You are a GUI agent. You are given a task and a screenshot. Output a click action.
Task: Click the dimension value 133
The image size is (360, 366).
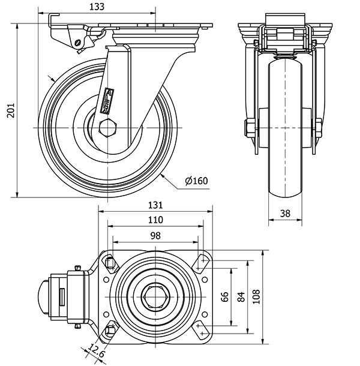pyautogui.click(x=96, y=7)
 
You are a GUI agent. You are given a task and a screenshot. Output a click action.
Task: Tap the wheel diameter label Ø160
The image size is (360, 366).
pyautogui.click(x=197, y=180)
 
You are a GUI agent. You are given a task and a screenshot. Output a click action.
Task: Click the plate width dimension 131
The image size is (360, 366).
pyautogui.click(x=155, y=205)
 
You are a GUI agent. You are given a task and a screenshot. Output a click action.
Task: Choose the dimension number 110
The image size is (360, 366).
pyautogui.click(x=155, y=220)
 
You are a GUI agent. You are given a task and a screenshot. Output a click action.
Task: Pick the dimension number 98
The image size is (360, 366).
pyautogui.click(x=155, y=235)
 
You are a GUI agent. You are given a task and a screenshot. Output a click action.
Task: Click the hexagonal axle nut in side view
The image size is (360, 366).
pyautogui.click(x=108, y=128)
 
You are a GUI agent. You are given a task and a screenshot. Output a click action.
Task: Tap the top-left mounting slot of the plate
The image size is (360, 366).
pyautogui.click(x=110, y=261)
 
